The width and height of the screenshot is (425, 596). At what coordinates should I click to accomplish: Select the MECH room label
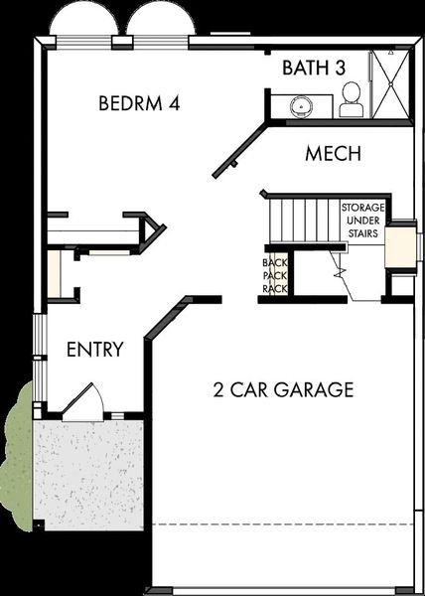point(332,154)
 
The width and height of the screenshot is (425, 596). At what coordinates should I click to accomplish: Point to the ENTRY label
point(94,350)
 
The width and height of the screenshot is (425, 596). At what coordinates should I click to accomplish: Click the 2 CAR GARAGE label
point(283,389)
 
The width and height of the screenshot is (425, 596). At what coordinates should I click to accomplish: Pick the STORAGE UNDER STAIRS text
point(362,221)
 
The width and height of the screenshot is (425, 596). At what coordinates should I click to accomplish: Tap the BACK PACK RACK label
point(274,275)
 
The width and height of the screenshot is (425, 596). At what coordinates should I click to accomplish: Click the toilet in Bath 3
point(351,99)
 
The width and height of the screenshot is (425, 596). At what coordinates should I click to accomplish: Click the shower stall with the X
point(389,83)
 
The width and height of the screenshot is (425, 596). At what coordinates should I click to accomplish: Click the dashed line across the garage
point(283,523)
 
